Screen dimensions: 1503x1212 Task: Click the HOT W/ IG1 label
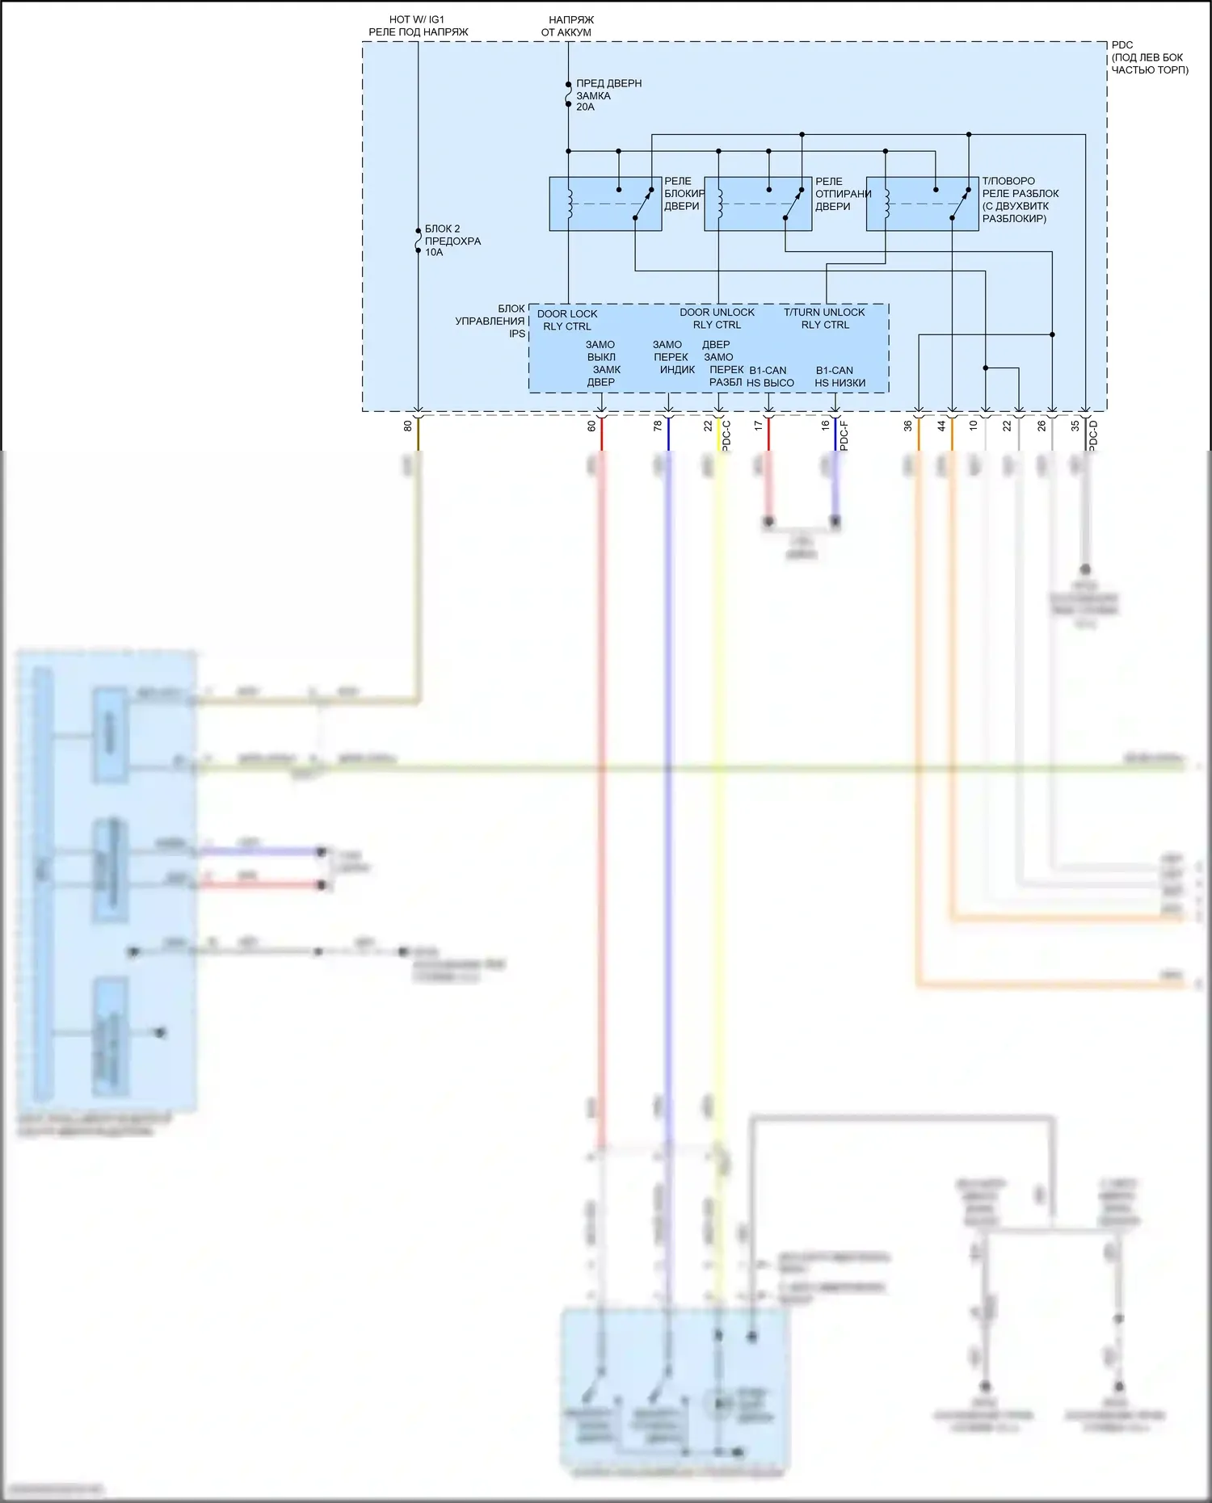coord(417,19)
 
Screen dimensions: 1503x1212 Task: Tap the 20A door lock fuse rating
coord(585,107)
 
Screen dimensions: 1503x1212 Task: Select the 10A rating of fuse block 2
coord(434,253)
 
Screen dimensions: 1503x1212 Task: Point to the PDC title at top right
coord(1122,45)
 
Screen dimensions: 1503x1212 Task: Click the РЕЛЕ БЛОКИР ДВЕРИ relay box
coord(605,204)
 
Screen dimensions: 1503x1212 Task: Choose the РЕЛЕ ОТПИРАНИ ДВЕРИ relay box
coord(758,204)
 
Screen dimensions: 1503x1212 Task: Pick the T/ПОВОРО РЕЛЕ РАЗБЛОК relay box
coord(922,204)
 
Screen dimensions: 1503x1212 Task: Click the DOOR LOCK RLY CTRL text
coord(567,321)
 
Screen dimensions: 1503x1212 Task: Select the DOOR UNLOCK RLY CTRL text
coord(717,319)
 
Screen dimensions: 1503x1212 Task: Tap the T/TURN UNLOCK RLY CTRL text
coord(824,319)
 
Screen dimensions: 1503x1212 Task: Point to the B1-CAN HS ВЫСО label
coord(769,377)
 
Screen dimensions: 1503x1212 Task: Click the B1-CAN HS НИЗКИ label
coord(839,377)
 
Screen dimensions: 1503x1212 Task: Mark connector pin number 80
coord(408,426)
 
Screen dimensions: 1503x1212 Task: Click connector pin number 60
coord(591,426)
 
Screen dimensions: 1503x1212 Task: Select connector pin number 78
coord(658,426)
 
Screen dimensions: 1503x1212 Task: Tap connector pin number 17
coord(758,426)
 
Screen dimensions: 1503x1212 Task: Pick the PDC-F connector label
coord(844,435)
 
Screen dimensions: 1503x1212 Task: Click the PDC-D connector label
coord(1094,435)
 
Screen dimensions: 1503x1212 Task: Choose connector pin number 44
coord(941,426)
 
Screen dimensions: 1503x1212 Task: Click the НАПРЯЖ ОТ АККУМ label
coord(567,26)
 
